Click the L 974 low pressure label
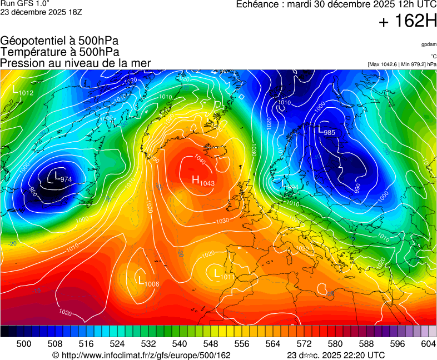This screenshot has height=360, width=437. (x=62, y=178)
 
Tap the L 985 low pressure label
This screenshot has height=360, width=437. (x=326, y=131)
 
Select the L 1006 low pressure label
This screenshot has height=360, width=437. (x=148, y=281)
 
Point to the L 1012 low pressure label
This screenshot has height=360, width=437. (x=23, y=90)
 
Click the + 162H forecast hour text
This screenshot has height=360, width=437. (x=408, y=22)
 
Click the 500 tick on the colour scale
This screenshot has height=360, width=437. (x=24, y=344)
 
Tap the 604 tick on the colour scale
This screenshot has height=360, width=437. (x=428, y=344)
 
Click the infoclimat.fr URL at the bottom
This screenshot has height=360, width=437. (x=141, y=355)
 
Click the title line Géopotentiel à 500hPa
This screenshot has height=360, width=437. (x=59, y=41)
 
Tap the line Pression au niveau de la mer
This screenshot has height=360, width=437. (x=76, y=63)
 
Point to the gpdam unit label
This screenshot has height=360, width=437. (x=429, y=44)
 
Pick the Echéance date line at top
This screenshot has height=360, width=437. (x=336, y=4)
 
